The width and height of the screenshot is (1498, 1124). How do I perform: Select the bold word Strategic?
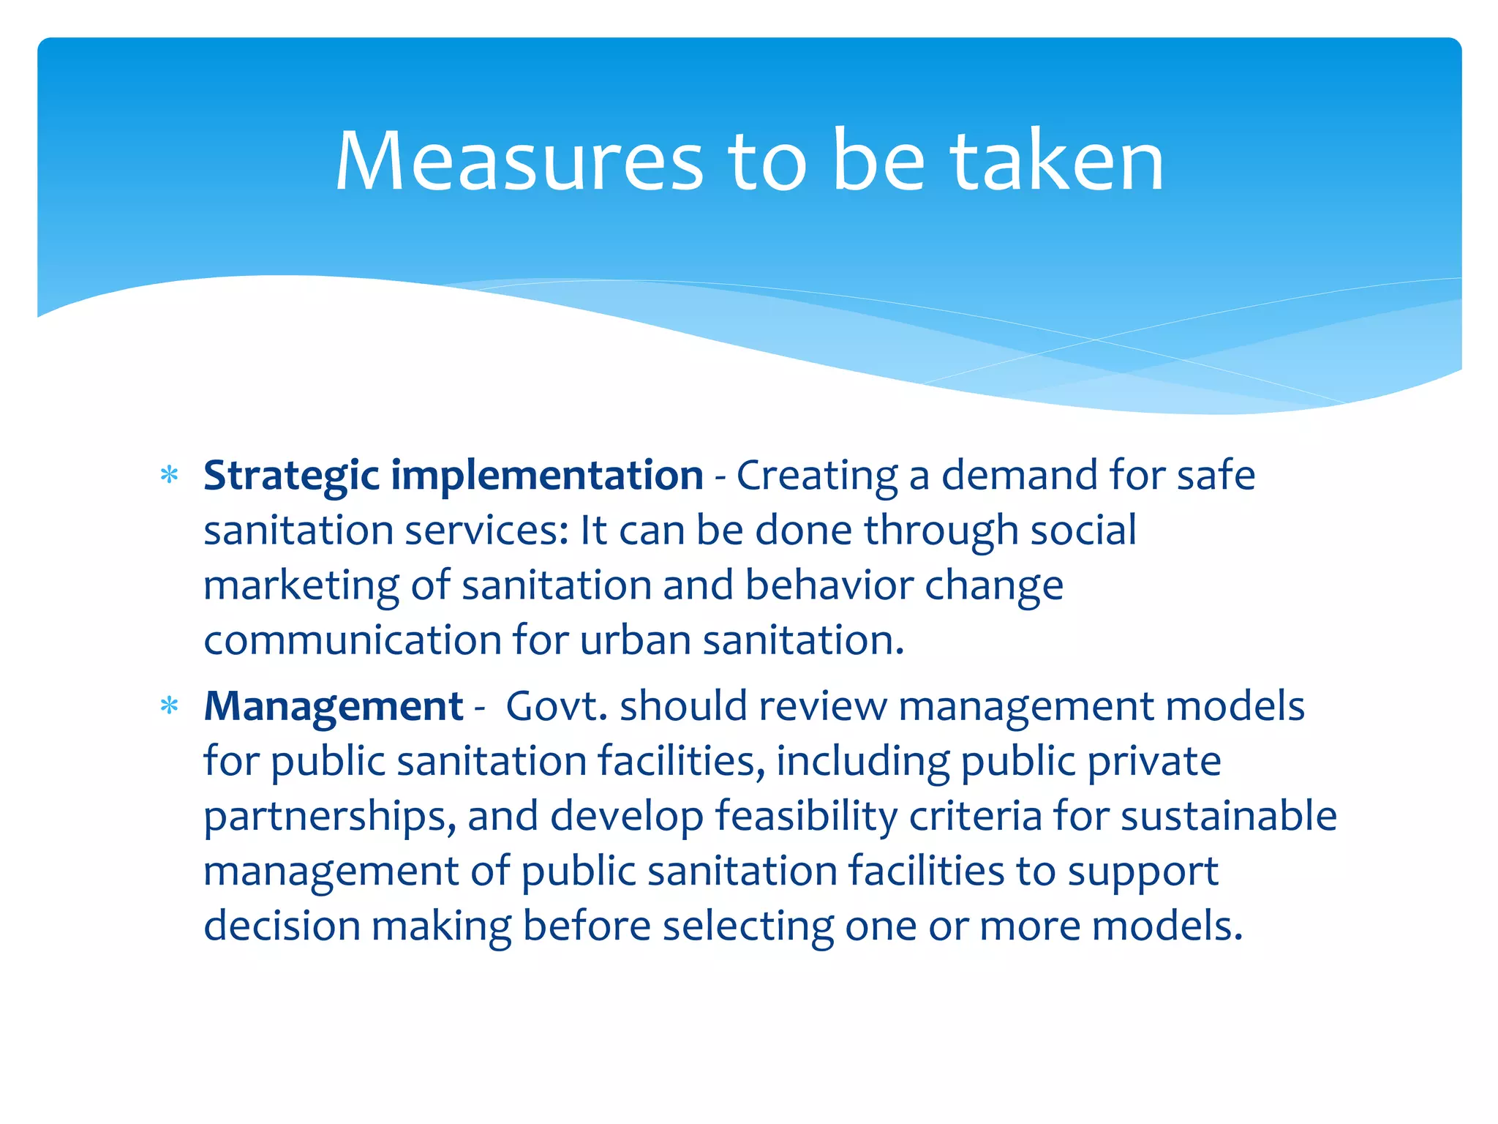click(x=291, y=476)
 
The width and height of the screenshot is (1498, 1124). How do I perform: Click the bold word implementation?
click(x=547, y=475)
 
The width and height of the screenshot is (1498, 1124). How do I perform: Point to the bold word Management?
click(x=334, y=707)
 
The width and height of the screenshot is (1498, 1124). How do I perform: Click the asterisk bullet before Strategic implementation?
click(x=170, y=476)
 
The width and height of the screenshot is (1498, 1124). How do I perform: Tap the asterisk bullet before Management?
click(x=170, y=707)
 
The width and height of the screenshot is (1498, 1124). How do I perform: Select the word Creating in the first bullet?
click(x=817, y=476)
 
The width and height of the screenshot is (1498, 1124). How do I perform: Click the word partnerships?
click(x=330, y=817)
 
